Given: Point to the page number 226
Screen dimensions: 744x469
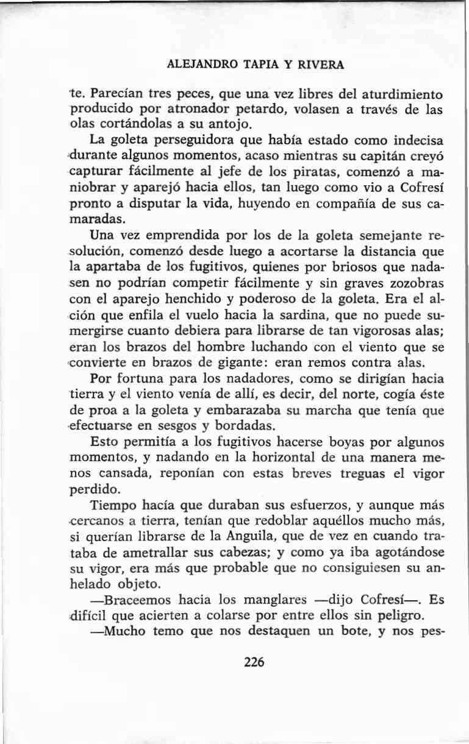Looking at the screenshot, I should pyautogui.click(x=253, y=662).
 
